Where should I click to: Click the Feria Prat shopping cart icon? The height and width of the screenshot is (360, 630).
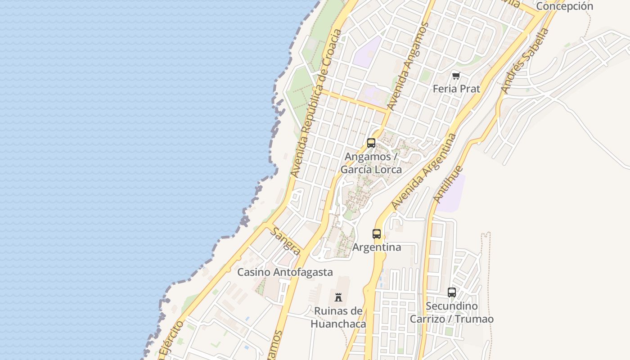tap(456, 76)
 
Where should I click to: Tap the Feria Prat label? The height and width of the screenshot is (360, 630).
tap(456, 89)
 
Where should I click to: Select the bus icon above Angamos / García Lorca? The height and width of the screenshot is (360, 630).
tap(371, 143)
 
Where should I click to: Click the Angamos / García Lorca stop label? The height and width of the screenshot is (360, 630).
tap(371, 163)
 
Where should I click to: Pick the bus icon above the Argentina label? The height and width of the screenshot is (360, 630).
tap(377, 234)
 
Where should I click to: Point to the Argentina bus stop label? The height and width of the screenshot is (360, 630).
tap(377, 247)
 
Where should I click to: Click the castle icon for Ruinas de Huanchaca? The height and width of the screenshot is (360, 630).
tap(338, 297)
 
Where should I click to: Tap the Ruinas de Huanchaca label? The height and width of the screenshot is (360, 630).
tap(338, 317)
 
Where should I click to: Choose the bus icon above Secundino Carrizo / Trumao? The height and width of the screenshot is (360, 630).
tap(452, 292)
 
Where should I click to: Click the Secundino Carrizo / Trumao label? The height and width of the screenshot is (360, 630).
tap(452, 312)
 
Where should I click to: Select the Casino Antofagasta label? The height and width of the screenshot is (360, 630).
tap(285, 272)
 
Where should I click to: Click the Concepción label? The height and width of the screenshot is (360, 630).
tap(565, 6)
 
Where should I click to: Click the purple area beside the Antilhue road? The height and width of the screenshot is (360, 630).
tap(451, 194)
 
